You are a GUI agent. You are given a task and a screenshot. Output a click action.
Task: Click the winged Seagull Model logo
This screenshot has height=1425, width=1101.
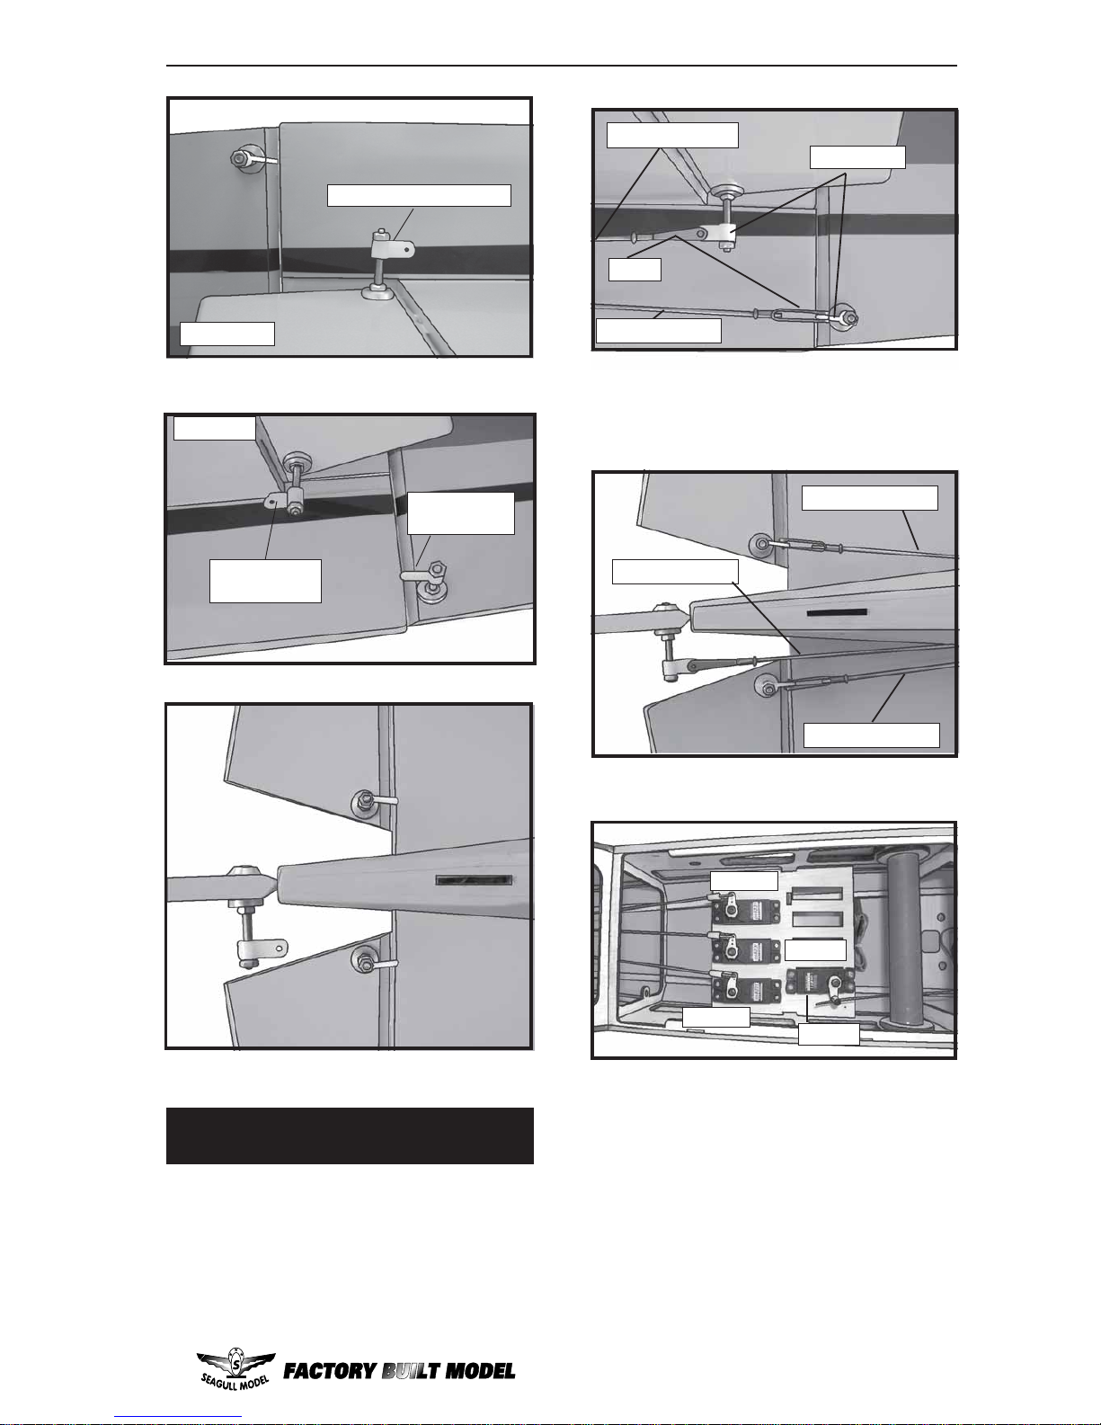(x=235, y=1368)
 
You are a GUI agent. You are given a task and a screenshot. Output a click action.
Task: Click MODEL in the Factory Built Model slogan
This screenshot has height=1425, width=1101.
(x=480, y=1371)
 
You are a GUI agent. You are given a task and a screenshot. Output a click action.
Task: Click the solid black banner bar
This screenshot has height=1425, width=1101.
(x=350, y=1136)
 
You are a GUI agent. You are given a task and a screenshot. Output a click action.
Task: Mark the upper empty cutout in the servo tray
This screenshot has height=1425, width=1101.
(x=817, y=894)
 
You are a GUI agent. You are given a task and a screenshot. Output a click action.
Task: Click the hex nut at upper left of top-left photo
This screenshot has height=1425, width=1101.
(x=239, y=158)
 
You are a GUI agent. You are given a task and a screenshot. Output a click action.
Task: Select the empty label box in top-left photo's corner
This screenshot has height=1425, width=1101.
(x=227, y=334)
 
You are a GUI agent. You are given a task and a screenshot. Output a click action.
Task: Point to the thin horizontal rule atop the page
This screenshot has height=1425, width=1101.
(x=562, y=66)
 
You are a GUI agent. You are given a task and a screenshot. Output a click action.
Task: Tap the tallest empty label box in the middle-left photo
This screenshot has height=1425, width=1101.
(x=265, y=581)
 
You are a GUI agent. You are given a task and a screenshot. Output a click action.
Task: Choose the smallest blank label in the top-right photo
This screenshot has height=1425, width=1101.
(x=635, y=270)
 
